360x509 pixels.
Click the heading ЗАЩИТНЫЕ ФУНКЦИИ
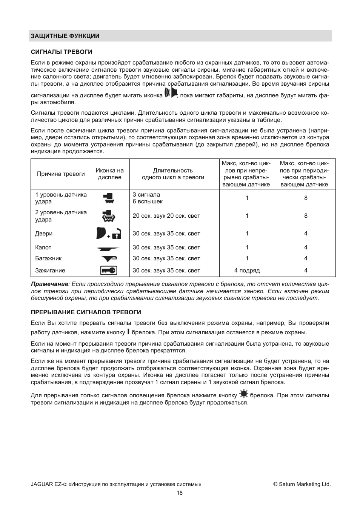(65, 36)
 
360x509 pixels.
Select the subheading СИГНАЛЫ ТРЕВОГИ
(62, 52)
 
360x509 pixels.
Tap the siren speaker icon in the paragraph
(171, 93)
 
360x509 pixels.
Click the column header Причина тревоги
(61, 174)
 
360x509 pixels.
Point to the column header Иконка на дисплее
(110, 174)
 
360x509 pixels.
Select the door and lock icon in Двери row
(109, 234)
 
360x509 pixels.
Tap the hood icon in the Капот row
(109, 248)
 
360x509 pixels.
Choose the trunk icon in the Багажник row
(109, 258)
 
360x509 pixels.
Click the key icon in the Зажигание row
(109, 270)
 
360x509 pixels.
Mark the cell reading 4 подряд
(247, 271)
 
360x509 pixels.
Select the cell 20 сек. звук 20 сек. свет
(166, 216)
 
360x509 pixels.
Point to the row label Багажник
(48, 258)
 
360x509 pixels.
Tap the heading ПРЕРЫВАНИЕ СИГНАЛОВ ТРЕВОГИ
(86, 312)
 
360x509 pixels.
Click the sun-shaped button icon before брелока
(243, 394)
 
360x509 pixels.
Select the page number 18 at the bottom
(180, 493)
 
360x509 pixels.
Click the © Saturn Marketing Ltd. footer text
(302, 484)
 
